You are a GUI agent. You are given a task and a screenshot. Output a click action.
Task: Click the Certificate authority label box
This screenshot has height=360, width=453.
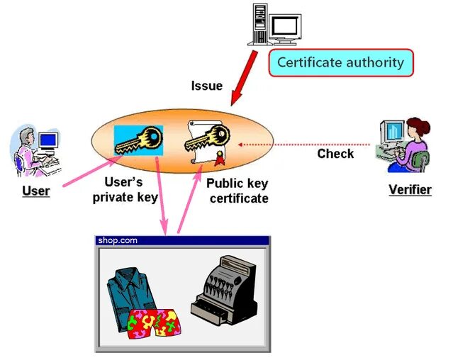pyautogui.click(x=340, y=62)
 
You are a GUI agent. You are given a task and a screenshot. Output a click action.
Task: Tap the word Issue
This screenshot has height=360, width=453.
pyautogui.click(x=206, y=86)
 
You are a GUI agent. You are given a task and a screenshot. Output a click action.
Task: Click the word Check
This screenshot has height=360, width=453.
pyautogui.click(x=335, y=154)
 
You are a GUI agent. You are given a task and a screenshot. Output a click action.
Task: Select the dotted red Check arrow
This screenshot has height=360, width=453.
pyautogui.click(x=305, y=144)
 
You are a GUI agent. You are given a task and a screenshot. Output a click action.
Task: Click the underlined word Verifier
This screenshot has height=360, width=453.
pyautogui.click(x=410, y=190)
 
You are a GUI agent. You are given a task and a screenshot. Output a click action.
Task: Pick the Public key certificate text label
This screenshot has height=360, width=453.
pyautogui.click(x=237, y=191)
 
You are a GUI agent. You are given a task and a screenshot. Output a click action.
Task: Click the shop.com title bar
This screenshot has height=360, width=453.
pyautogui.click(x=182, y=240)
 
